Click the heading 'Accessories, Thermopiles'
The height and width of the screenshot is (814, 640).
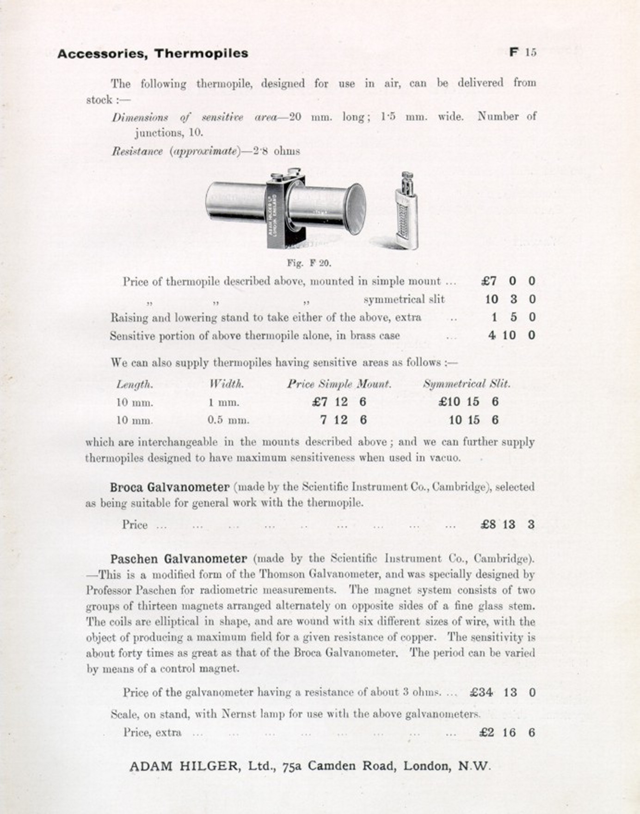tap(153, 54)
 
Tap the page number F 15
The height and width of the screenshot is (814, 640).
tap(523, 52)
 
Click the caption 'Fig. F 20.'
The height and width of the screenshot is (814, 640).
tap(309, 263)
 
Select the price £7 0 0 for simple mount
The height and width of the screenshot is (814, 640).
tap(508, 281)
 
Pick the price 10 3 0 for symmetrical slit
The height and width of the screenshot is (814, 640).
tap(510, 299)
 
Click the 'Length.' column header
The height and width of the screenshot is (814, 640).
tap(134, 384)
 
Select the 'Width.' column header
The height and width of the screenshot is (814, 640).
tap(227, 384)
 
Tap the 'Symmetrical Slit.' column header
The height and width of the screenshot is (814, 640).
tap(467, 384)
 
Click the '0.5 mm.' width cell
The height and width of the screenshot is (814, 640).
tap(228, 420)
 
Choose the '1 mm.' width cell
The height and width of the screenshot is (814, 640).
tap(224, 402)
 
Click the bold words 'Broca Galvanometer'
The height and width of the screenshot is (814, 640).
tap(169, 487)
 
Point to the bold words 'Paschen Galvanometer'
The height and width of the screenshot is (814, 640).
tap(178, 559)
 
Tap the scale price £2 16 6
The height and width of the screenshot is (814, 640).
tap(507, 733)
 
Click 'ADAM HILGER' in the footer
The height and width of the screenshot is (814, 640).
tap(185, 766)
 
